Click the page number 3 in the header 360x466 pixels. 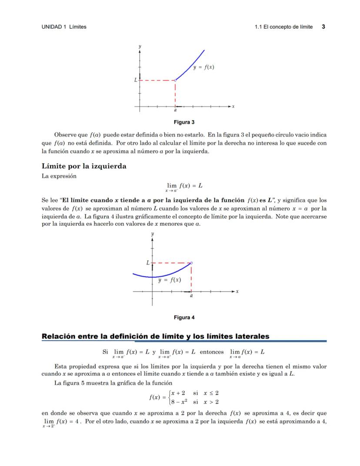click(323, 27)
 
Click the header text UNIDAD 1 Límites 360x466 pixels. click(64, 27)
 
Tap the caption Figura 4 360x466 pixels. click(184, 317)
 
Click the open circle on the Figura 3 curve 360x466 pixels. click(175, 80)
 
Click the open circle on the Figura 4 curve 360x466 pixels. click(191, 263)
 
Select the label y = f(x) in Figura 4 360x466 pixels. click(170, 280)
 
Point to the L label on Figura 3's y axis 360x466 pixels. click(135, 80)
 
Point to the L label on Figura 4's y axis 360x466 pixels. click(148, 263)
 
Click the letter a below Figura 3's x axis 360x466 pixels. click(175, 111)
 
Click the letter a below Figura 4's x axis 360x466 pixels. click(191, 296)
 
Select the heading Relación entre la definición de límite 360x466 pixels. click(155, 336)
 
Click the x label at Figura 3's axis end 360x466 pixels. click(233, 106)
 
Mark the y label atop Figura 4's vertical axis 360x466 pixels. click(152, 234)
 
